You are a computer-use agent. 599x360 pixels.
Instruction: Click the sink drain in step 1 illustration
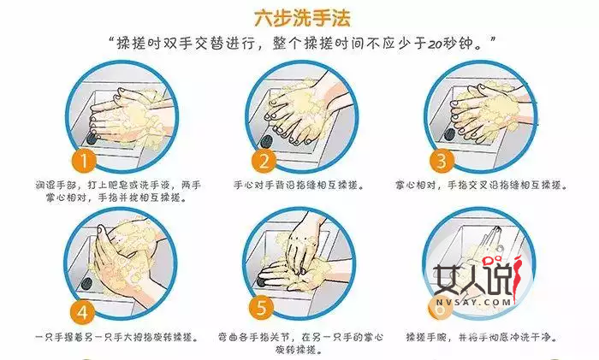coord(92,137)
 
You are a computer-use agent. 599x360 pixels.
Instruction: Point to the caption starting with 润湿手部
coord(120,190)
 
